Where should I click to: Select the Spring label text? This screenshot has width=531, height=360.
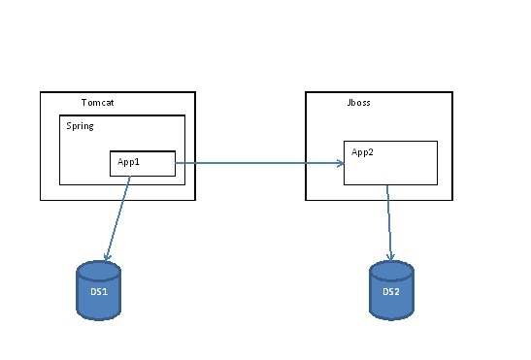[x=80, y=126]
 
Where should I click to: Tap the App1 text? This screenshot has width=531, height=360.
[x=129, y=162]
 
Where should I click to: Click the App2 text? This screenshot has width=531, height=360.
[x=362, y=152]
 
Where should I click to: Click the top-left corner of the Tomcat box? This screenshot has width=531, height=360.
[x=41, y=93]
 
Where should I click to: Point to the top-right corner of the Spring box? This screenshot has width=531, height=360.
[x=184, y=116]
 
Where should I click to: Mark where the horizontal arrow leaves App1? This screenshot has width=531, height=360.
[x=176, y=164]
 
